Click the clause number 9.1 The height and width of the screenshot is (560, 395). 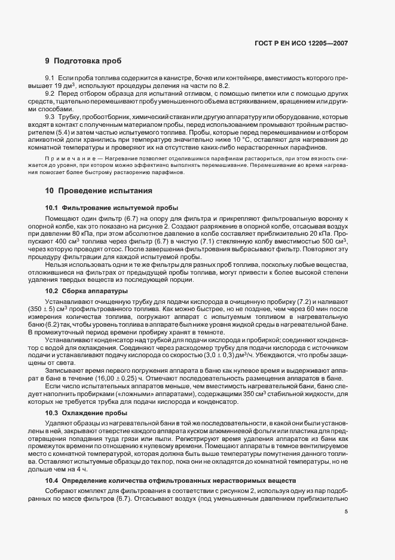(x=50, y=79)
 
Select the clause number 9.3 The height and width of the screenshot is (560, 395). (x=50, y=116)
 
